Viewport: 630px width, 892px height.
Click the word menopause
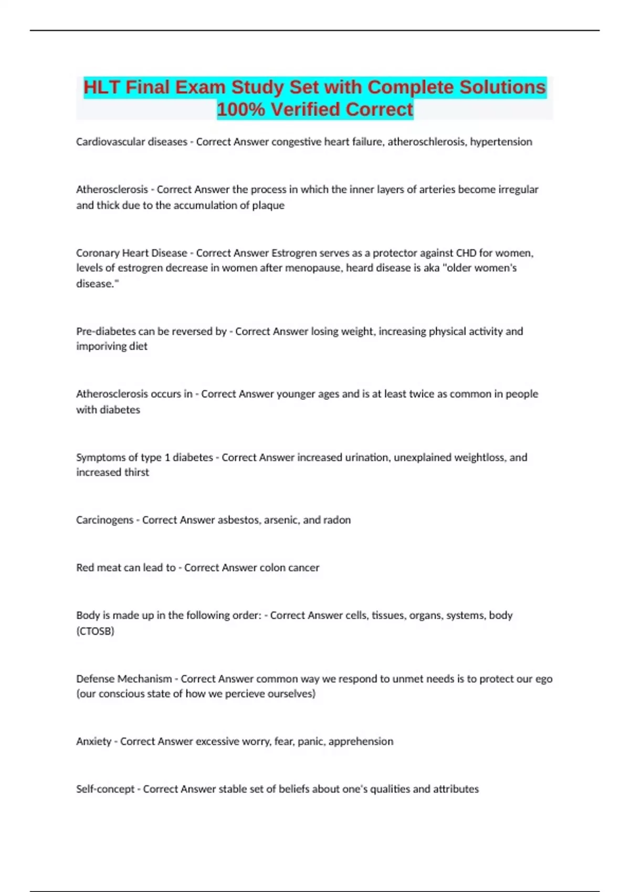(318, 268)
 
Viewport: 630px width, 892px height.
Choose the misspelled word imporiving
(102, 346)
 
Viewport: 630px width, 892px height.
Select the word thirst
(136, 472)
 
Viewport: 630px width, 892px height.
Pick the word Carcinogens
(104, 520)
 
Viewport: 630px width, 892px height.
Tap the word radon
(337, 520)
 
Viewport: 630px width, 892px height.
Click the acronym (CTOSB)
(95, 631)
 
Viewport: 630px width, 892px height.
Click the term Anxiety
(93, 741)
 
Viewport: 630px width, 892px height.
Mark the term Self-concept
(105, 789)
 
